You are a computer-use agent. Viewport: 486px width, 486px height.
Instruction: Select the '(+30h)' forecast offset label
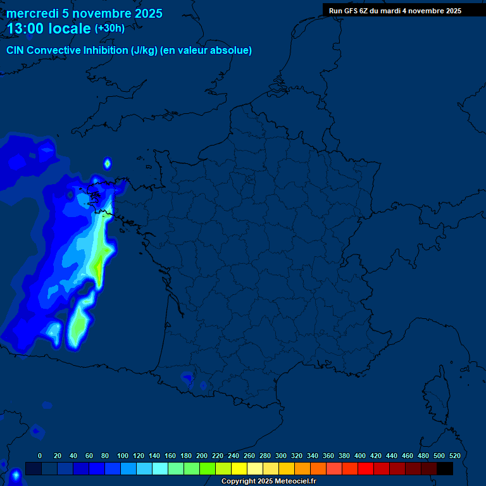[x=109, y=28]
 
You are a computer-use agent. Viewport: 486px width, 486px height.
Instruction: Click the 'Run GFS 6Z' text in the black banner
[x=348, y=11]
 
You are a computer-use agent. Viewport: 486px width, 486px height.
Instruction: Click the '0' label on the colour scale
[x=40, y=456]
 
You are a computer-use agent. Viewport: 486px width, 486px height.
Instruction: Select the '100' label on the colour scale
[x=123, y=456]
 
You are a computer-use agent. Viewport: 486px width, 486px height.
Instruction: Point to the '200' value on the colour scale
[x=202, y=456]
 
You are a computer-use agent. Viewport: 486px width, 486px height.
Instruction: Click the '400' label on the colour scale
[x=360, y=456]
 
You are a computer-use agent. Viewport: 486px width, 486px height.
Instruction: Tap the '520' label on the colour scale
[x=454, y=456]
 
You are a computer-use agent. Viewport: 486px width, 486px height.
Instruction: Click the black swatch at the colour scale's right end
[x=445, y=468]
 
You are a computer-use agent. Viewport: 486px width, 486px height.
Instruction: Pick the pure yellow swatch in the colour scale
[x=239, y=468]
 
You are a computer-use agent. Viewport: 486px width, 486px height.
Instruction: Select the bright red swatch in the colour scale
[x=366, y=468]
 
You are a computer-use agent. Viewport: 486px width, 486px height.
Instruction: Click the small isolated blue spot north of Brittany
[x=108, y=164]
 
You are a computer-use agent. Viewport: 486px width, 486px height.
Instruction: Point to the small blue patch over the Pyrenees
[x=187, y=378]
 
